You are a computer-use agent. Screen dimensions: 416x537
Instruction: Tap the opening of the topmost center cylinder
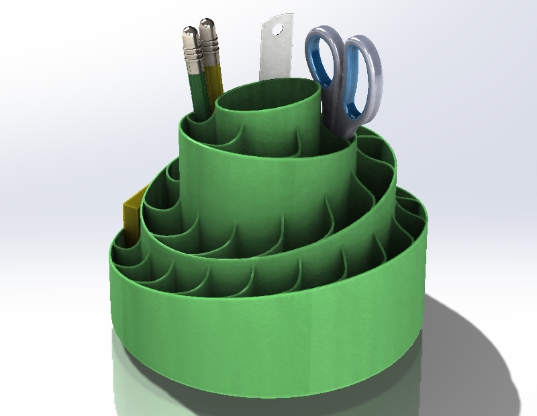point(268,100)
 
